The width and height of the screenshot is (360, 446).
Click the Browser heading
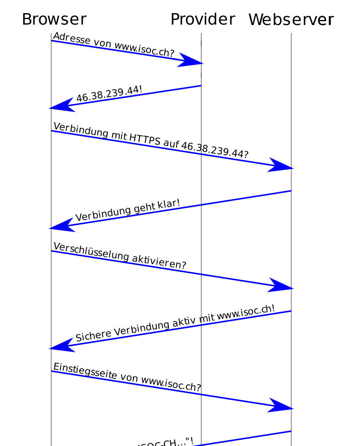pos(54,20)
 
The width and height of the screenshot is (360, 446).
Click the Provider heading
pos(202,20)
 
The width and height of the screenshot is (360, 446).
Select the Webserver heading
pos(291,20)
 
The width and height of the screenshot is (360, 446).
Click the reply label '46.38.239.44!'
pos(109,95)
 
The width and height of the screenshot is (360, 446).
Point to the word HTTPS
pos(144,139)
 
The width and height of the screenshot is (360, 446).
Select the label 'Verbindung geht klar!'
pos(127,210)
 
